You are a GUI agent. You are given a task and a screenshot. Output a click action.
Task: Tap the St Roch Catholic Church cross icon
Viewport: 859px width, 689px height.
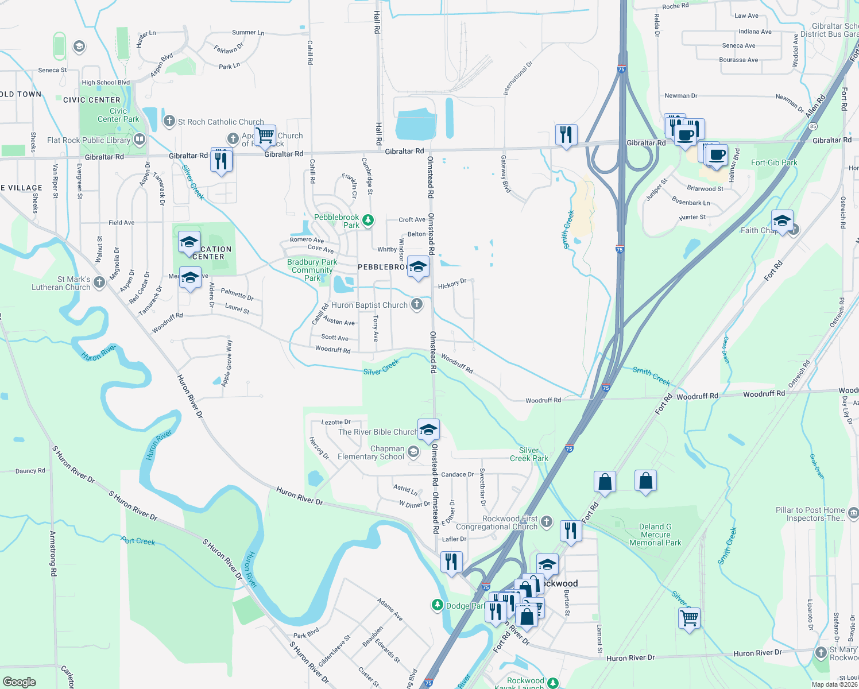169,121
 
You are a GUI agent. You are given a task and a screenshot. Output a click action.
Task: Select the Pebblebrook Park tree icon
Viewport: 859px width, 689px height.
368,220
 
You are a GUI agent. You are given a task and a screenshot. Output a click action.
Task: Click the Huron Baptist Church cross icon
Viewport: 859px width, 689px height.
417,304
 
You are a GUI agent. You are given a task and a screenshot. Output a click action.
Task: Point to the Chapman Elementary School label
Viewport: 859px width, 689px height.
371,452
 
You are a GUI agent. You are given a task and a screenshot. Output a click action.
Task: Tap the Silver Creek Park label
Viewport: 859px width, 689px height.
529,454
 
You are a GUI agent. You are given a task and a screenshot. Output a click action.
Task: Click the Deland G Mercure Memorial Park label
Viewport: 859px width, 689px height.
655,535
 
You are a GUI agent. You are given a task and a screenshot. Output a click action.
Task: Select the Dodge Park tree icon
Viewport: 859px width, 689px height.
438,605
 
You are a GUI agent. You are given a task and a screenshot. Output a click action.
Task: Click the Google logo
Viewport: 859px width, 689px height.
19,682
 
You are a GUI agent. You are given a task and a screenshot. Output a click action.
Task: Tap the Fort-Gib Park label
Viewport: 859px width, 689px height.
774,163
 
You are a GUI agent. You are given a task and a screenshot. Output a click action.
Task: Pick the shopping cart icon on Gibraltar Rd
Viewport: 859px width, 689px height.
265,136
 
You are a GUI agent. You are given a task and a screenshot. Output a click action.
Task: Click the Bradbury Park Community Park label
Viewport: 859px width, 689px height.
312,270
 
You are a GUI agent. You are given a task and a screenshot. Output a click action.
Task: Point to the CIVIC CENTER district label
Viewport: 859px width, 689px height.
92,100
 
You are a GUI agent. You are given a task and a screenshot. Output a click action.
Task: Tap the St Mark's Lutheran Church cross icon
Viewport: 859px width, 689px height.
99,282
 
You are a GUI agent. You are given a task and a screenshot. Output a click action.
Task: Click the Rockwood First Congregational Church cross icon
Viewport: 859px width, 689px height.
547,521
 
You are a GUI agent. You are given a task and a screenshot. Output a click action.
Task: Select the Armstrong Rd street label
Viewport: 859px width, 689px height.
53,553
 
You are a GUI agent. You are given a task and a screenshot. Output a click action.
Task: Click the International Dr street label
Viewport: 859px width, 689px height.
518,78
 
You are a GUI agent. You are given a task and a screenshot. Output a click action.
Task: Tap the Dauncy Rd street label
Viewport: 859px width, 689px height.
30,471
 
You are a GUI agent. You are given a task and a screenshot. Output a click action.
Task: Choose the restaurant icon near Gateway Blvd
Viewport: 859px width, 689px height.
566,135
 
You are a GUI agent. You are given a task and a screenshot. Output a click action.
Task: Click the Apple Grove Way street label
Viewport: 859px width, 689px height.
227,363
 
